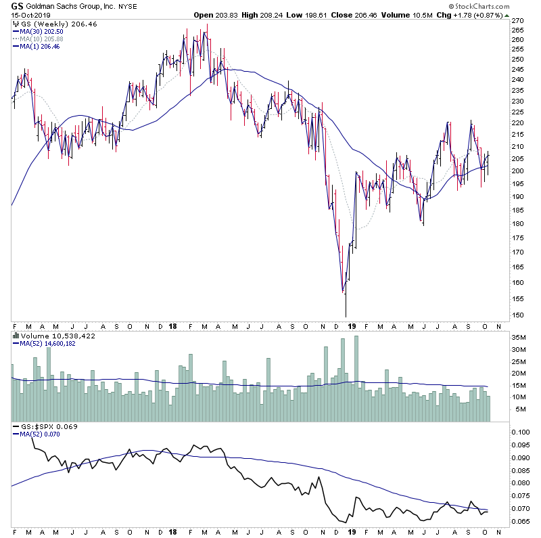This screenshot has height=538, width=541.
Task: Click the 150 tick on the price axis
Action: point(517,315)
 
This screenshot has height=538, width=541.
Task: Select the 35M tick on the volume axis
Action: point(518,336)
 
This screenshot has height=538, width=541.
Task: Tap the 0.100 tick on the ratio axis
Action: point(521,432)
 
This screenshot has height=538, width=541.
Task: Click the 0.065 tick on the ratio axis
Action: point(521,521)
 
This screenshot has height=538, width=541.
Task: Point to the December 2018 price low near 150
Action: point(346,315)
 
